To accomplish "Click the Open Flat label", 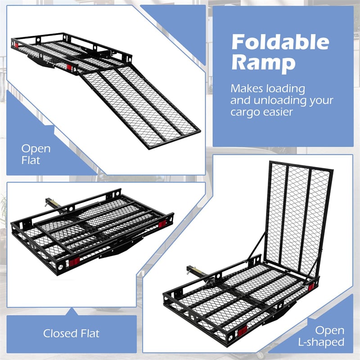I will [x=36, y=154].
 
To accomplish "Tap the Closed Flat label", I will [x=71, y=333].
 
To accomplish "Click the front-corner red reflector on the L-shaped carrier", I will [x=242, y=331].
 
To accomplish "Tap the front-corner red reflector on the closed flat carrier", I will [x=74, y=261].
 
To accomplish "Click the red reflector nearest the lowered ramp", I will [x=70, y=67].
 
